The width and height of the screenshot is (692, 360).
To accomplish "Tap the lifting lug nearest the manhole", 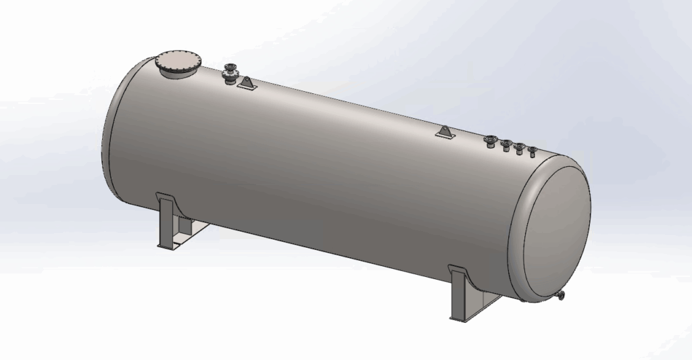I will (x=248, y=84).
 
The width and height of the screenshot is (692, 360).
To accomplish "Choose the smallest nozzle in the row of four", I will (x=533, y=151).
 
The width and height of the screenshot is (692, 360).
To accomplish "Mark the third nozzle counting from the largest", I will (x=520, y=148).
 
